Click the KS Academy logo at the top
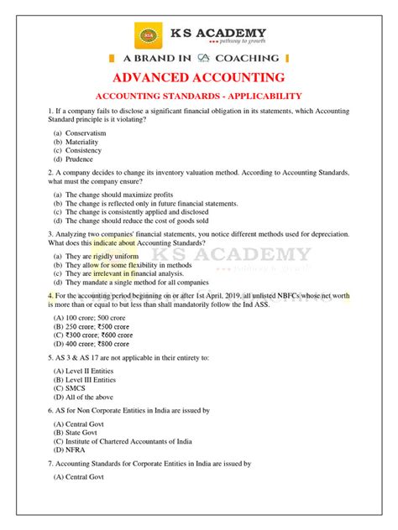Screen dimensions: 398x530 point(149,37)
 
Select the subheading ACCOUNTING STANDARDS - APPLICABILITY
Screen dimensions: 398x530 point(200,96)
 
